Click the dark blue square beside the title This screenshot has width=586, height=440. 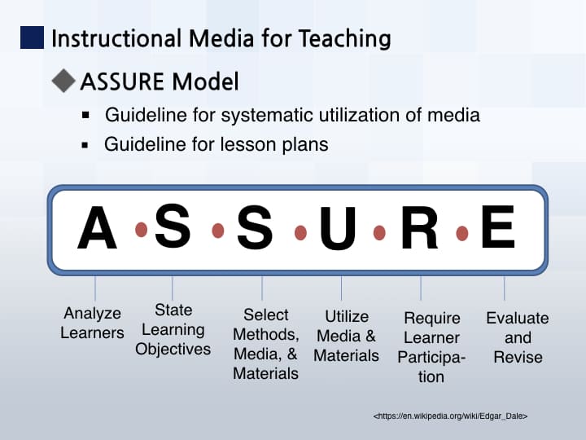tap(32, 37)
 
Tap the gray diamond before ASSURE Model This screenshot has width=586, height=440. tap(63, 81)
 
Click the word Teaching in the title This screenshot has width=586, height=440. tap(344, 39)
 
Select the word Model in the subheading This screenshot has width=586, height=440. tap(206, 81)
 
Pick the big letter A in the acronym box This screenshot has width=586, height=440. tap(97, 227)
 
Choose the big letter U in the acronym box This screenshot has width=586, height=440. tap(338, 228)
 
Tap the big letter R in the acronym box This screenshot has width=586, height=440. tap(419, 227)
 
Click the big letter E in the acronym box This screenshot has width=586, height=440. tap(498, 227)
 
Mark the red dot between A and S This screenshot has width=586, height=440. tap(141, 229)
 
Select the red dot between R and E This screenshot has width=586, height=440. tap(462, 233)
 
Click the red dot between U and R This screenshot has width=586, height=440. tap(379, 232)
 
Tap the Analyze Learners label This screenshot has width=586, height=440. tap(92, 323)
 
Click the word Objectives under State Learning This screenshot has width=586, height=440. tap(173, 349)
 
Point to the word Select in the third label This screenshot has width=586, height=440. tap(265, 315)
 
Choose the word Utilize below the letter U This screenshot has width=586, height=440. tap(347, 316)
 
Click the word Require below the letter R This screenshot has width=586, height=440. tap(432, 319)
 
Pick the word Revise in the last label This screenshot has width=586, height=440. tap(518, 357)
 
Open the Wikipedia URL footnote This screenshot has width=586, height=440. tap(450, 416)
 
